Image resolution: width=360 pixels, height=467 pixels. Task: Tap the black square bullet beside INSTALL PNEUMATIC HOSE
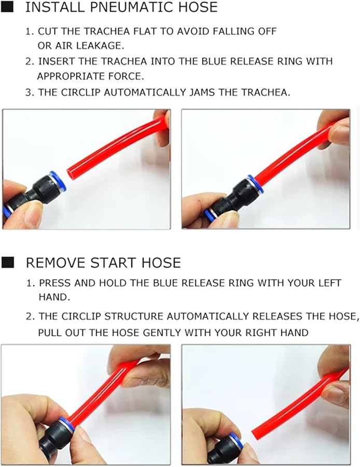point(8,7)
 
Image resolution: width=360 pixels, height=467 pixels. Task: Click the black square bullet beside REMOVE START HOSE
point(8,263)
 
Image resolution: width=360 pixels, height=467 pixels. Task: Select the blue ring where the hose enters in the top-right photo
point(255,184)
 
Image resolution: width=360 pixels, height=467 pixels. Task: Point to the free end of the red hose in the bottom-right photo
point(255,432)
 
